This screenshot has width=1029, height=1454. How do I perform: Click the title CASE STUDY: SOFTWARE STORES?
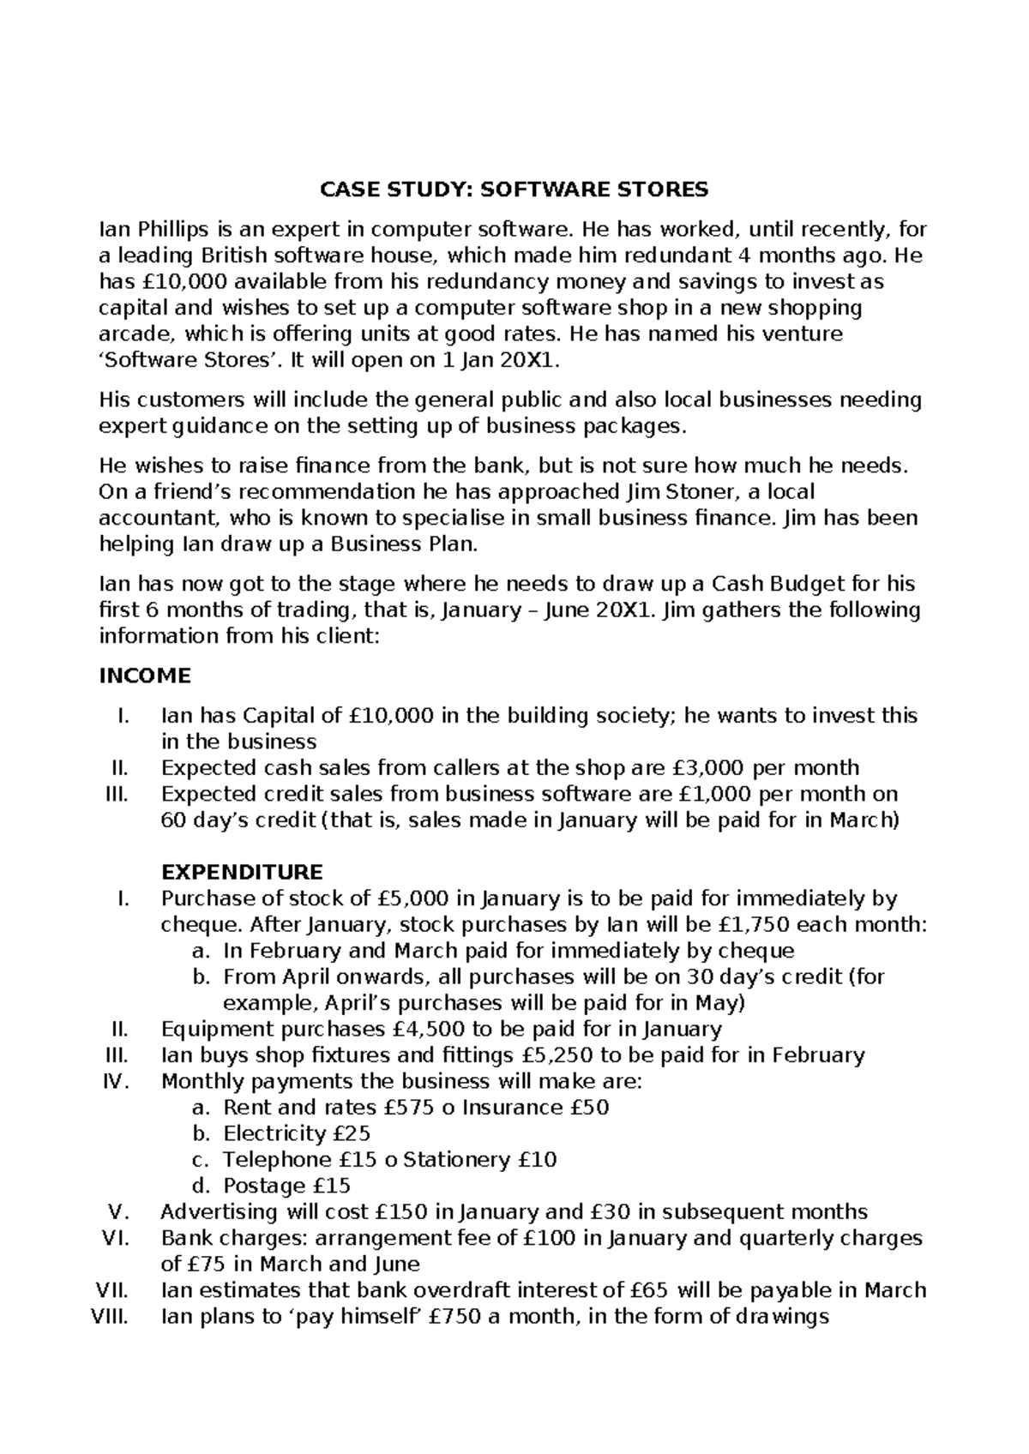(514, 189)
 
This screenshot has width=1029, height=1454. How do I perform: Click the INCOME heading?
(145, 676)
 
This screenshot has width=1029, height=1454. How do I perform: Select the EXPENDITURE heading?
(242, 872)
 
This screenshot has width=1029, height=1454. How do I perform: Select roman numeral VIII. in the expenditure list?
(109, 1317)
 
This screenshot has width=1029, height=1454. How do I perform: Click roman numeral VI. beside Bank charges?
(114, 1238)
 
